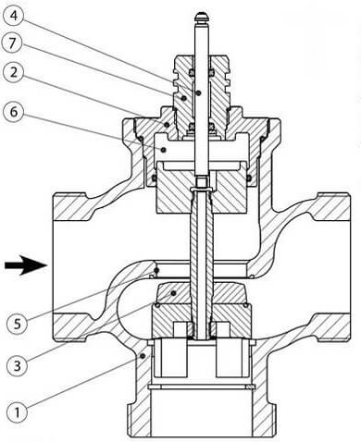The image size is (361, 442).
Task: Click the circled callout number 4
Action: pos(14,16)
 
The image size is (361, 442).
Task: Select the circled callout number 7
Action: pos(12,43)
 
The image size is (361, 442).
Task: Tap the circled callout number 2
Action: pos(14,73)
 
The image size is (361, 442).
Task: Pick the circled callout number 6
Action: pos(14,112)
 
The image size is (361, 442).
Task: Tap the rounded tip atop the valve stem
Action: pos(201,17)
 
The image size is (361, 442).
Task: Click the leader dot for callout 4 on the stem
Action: pos(199,92)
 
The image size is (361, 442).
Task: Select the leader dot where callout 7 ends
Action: pos(184,98)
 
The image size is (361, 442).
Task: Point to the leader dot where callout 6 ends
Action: pos(164,150)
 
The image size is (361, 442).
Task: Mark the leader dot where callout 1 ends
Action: pos(143,356)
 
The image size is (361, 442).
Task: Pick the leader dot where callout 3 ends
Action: pos(174,292)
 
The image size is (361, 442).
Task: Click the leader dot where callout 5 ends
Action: pos(156,271)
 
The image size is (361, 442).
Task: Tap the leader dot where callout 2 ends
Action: pos(167,125)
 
